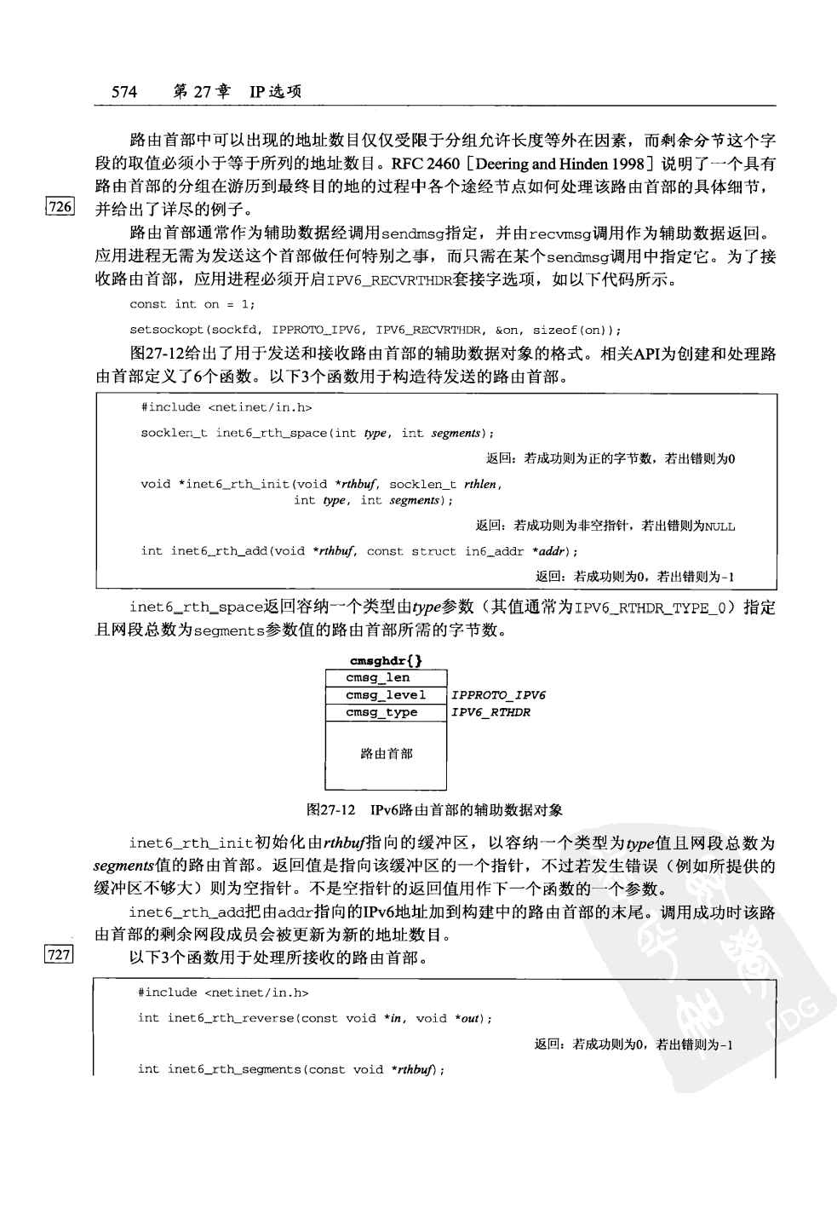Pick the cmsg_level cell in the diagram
[386, 695]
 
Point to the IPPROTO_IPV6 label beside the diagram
[498, 695]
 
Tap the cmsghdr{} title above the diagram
[386, 660]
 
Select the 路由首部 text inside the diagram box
[387, 753]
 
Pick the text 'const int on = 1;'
[192, 304]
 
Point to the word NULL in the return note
[719, 527]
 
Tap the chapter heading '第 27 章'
[201, 92]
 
